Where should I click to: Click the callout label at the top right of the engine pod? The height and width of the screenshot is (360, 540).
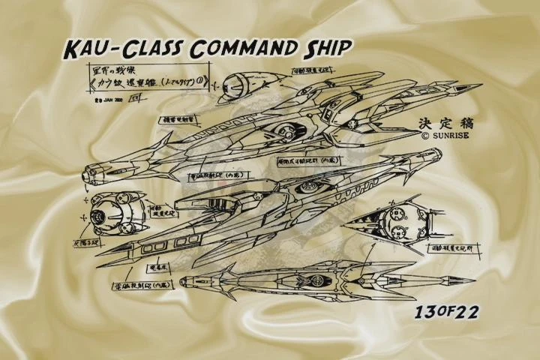309,74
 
